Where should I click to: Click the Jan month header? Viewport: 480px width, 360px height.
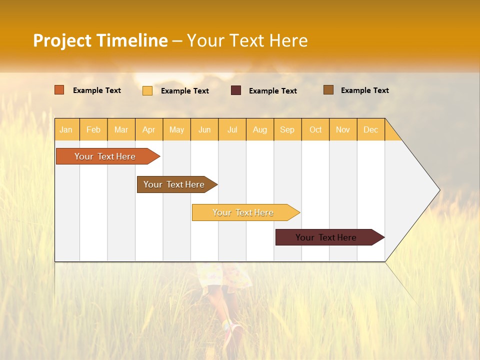66,129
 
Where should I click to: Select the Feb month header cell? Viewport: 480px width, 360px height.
93,129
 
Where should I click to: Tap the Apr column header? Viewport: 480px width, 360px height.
148,129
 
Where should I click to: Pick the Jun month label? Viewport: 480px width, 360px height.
204,129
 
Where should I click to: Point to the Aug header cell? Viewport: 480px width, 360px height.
259,129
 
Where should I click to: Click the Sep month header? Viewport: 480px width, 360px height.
287,129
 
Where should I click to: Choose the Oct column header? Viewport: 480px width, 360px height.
315,129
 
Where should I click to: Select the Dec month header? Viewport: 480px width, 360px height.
370,129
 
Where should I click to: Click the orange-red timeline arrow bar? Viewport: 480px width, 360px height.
105,156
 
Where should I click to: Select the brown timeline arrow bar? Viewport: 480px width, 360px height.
174,184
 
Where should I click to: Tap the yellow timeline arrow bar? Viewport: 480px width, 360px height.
243,212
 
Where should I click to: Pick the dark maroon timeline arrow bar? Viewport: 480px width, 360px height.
326,237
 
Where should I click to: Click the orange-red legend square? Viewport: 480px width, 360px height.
59,90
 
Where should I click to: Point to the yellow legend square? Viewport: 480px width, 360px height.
147,90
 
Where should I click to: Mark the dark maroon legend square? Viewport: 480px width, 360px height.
236,90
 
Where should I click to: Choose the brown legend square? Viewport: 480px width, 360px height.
328,90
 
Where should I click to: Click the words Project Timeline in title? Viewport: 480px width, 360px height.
100,40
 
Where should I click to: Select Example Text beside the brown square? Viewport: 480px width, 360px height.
364,90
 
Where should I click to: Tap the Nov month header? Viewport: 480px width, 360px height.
342,129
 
